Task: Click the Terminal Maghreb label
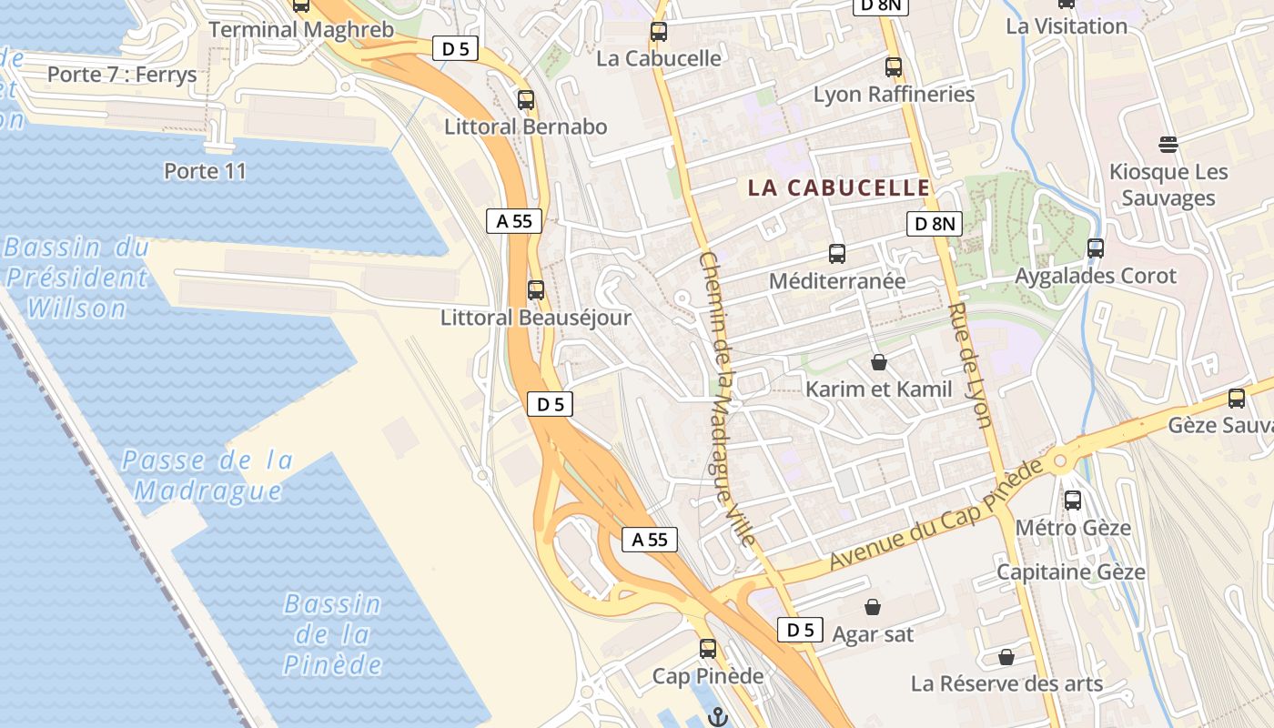tap(301, 29)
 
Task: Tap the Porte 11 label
tap(205, 171)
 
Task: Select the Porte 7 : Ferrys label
tap(122, 75)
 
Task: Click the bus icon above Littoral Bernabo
tap(525, 100)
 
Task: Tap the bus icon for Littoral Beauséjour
tap(536, 290)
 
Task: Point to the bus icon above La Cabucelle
tap(658, 32)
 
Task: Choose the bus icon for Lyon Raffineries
tap(894, 66)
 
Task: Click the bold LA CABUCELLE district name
tap(839, 188)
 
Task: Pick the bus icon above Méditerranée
tap(837, 254)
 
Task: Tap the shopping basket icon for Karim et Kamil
tap(879, 362)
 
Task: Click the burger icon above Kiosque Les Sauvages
tap(1168, 144)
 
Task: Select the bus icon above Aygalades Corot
tap(1096, 248)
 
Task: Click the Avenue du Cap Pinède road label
tap(935, 516)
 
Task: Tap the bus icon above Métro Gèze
tap(1073, 500)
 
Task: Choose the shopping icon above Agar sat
tap(873, 606)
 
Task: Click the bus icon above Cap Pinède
tap(708, 649)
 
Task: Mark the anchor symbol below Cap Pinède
tap(719, 717)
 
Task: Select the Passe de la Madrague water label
tap(207, 476)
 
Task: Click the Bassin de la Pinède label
tap(332, 634)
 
